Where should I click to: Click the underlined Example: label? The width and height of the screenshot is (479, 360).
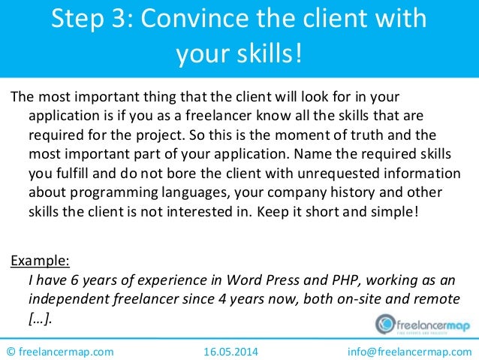(40, 262)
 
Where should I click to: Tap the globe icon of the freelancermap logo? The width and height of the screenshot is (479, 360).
(385, 323)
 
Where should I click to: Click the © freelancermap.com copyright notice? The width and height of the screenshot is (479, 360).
(60, 350)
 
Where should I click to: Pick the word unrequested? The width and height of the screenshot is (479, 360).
(369, 172)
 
